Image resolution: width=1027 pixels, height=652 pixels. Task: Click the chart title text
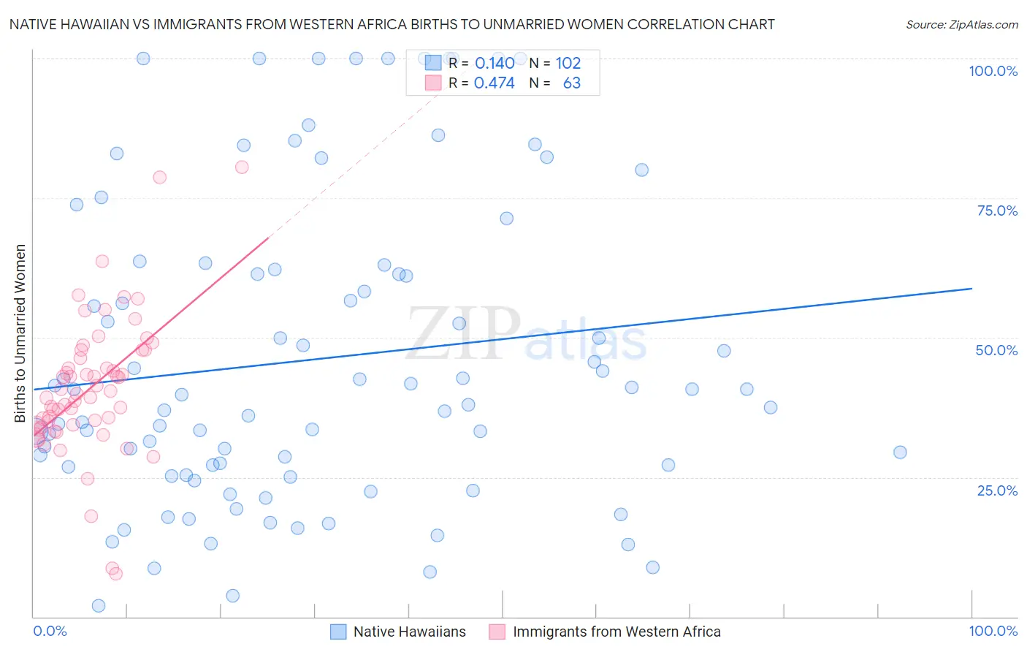click(392, 24)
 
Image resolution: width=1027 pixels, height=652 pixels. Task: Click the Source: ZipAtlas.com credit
click(961, 24)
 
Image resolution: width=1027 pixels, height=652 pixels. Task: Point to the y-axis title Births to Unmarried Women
click(20, 333)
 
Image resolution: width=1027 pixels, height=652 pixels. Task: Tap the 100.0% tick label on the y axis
click(993, 71)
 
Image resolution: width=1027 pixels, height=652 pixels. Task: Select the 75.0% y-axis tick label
click(997, 211)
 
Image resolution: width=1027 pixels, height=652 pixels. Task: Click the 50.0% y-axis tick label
click(996, 350)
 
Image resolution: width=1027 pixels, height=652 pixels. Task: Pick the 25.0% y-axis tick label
click(997, 490)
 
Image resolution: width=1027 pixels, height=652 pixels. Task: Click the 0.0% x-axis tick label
click(50, 631)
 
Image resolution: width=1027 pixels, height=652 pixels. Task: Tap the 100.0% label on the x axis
click(993, 631)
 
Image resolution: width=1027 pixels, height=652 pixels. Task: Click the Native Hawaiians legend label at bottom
click(409, 632)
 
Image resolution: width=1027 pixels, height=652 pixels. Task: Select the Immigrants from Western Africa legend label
click(616, 632)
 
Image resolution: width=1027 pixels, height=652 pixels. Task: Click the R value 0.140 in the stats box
click(495, 63)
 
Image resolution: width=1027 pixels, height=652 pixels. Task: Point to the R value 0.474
click(495, 83)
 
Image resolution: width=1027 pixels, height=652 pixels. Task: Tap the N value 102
click(568, 63)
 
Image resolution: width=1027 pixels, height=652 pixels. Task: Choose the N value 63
click(572, 83)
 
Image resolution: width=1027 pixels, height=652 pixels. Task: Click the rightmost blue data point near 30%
click(900, 452)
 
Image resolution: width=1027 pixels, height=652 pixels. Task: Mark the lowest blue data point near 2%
click(99, 605)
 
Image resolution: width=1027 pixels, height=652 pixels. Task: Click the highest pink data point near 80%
click(242, 167)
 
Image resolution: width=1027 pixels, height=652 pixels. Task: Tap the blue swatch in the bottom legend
click(338, 632)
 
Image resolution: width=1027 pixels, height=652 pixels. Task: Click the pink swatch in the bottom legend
click(497, 632)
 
